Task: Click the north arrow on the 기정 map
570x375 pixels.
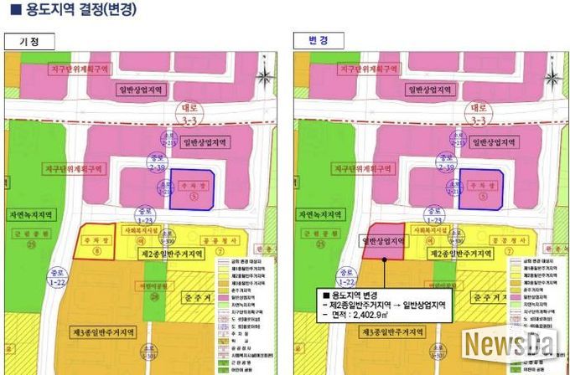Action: point(264,75)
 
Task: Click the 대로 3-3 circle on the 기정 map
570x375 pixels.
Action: point(188,115)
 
